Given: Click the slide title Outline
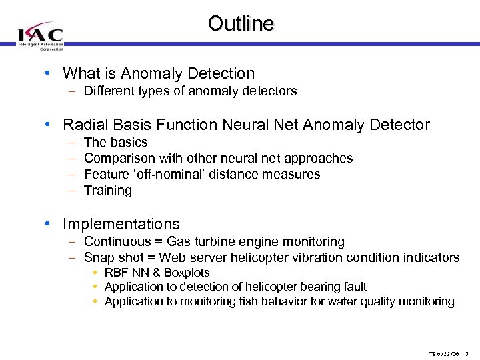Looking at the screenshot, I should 241,24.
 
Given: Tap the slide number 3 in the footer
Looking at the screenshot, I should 467,353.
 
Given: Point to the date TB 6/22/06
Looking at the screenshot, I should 443,353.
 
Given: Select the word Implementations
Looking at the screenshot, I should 121,224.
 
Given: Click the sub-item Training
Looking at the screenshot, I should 108,191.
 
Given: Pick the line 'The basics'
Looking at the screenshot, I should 116,142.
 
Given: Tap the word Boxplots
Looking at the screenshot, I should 186,273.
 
